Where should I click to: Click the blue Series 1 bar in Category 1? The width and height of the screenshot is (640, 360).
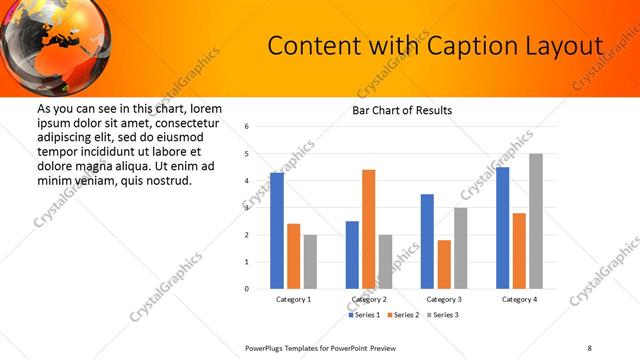click(x=277, y=231)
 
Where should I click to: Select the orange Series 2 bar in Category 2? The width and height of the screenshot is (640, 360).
click(x=368, y=229)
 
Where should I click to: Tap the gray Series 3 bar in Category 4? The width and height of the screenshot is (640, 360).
click(x=536, y=221)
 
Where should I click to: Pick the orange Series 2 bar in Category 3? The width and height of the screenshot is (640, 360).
click(x=444, y=264)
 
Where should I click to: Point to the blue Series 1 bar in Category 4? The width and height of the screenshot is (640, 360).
click(x=502, y=228)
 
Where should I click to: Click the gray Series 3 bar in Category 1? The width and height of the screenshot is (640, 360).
click(x=310, y=262)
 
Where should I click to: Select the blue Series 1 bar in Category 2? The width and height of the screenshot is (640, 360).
click(x=352, y=255)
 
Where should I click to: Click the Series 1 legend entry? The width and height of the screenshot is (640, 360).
click(x=364, y=315)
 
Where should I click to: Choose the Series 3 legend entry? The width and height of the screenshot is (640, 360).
click(x=442, y=315)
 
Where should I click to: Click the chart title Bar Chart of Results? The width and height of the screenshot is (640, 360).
click(x=402, y=110)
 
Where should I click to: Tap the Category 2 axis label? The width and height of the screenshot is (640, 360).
click(x=369, y=299)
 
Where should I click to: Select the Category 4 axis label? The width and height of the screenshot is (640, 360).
click(x=519, y=299)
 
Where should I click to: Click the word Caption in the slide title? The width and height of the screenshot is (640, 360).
click(x=468, y=46)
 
